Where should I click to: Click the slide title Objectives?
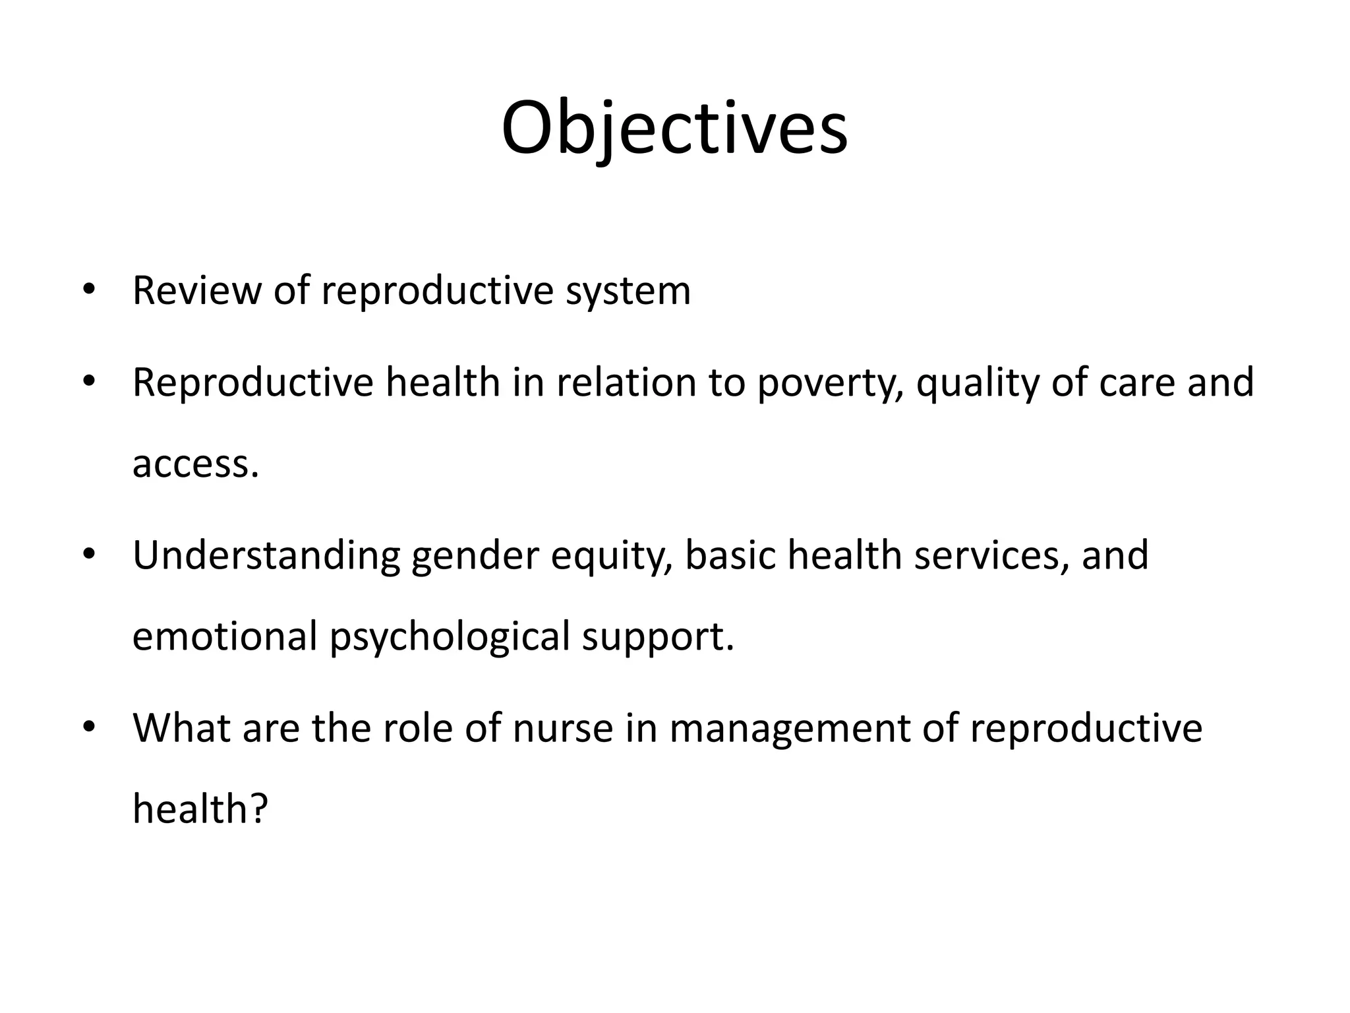point(674,128)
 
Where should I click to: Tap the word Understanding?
point(266,556)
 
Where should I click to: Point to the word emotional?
point(225,636)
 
